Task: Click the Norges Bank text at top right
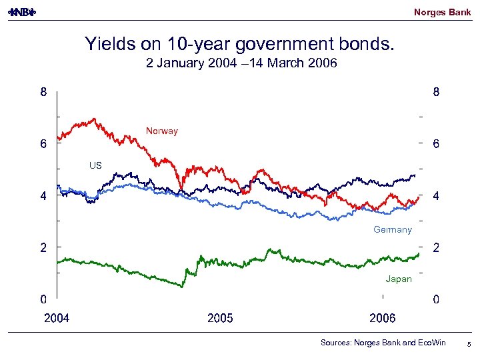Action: point(442,12)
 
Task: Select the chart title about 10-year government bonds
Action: point(239,45)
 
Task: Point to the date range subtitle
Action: point(241,64)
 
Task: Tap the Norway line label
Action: point(162,131)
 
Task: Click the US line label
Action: point(95,165)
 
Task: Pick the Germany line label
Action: point(393,229)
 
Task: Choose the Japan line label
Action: point(399,279)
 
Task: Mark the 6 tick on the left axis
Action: point(43,144)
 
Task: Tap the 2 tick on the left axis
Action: point(43,247)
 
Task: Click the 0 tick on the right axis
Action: point(436,299)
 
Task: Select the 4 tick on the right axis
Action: point(436,196)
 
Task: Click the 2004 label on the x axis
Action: point(57,318)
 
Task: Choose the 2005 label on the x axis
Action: point(220,318)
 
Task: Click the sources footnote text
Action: point(383,343)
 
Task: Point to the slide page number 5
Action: point(469,343)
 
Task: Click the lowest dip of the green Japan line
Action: point(182,286)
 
